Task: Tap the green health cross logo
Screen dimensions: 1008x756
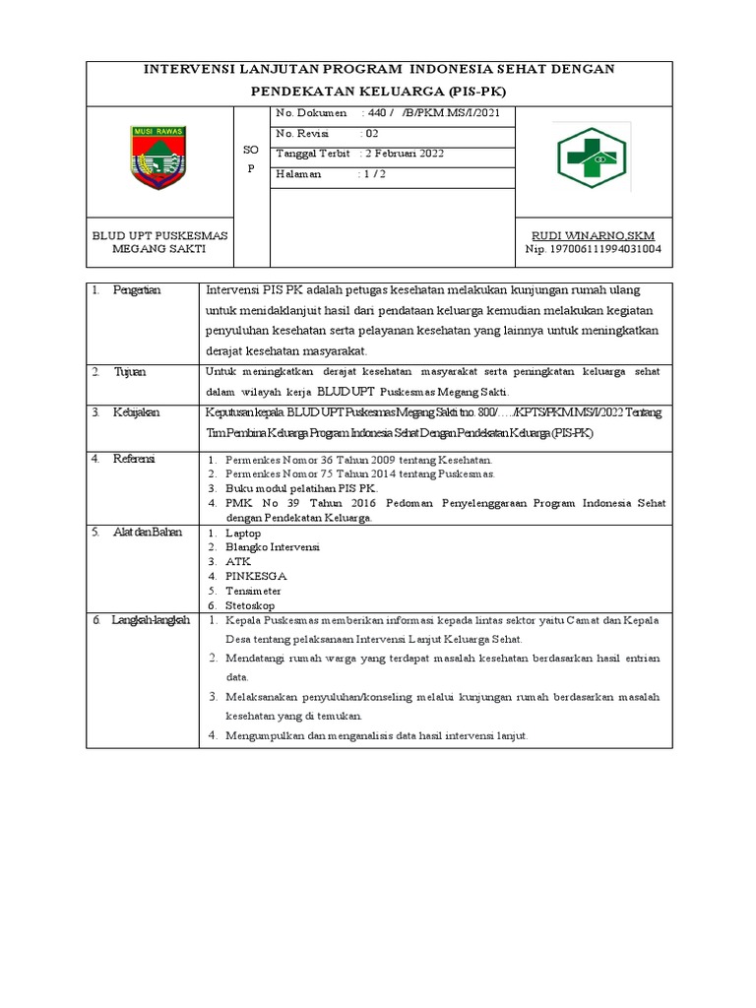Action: pyautogui.click(x=592, y=157)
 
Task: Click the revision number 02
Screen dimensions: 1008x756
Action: pyautogui.click(x=370, y=133)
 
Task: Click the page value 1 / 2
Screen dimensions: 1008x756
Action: pyautogui.click(x=373, y=173)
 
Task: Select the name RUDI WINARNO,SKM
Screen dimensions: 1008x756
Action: pyautogui.click(x=593, y=235)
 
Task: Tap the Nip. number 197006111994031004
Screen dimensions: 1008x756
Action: pyautogui.click(x=592, y=249)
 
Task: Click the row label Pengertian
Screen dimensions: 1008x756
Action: pyautogui.click(x=137, y=290)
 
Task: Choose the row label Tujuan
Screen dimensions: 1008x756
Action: pyautogui.click(x=130, y=371)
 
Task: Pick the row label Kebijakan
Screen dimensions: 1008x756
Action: pyautogui.click(x=137, y=412)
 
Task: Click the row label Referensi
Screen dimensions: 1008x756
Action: pyautogui.click(x=135, y=459)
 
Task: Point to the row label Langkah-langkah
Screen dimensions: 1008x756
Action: pyautogui.click(x=150, y=620)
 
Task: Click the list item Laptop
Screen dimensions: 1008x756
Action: pyautogui.click(x=243, y=533)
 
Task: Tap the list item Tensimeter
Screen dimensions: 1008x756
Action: pyautogui.click(x=253, y=591)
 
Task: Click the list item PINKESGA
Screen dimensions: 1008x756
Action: pyautogui.click(x=256, y=576)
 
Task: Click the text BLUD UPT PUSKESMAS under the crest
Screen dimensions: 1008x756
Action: pyautogui.click(x=160, y=235)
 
